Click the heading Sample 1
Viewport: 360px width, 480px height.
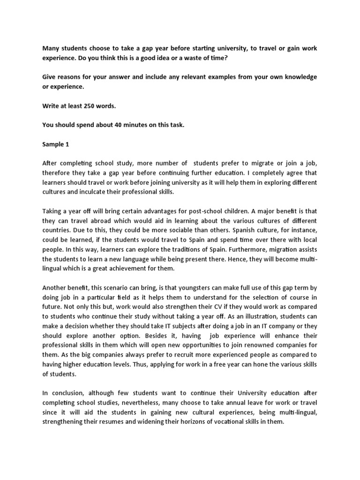(56, 145)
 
